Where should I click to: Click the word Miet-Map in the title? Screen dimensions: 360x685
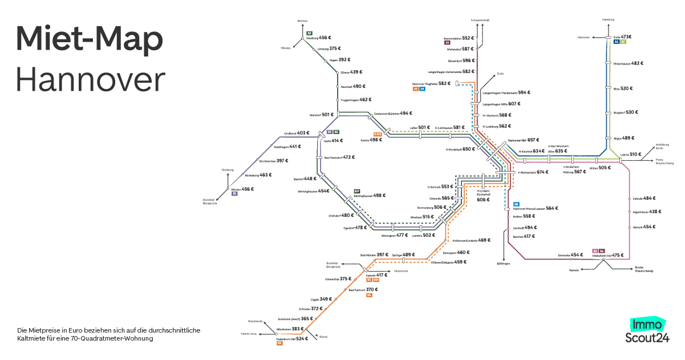point(90,39)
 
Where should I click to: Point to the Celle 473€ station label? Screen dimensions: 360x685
point(622,37)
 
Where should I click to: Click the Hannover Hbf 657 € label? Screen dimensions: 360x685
point(522,140)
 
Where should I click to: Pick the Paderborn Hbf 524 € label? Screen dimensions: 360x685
point(292,338)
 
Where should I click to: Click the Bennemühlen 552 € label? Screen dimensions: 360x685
point(459,38)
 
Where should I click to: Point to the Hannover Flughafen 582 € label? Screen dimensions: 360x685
point(432,83)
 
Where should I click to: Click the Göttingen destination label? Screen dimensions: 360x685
point(502,264)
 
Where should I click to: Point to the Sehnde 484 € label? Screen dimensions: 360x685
point(643,199)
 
